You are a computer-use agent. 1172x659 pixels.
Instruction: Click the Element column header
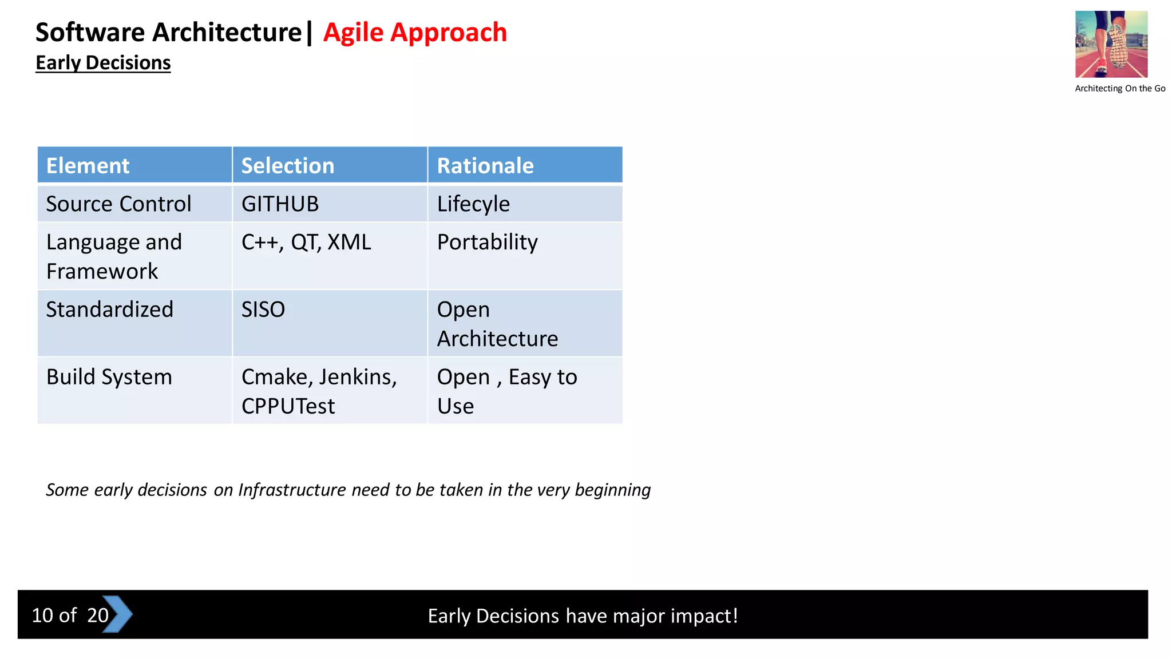[x=88, y=166]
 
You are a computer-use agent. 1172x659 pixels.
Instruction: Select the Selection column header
[x=287, y=166]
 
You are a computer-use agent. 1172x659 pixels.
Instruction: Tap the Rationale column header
[x=485, y=166]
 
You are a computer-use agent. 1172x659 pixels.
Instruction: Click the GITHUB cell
[x=280, y=204]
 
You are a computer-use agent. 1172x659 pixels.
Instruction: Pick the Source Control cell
[x=118, y=204]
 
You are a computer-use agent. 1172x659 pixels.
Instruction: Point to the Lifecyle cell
[x=473, y=204]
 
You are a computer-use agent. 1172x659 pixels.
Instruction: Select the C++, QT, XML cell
[x=306, y=243]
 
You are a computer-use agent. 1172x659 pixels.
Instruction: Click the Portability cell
[x=487, y=243]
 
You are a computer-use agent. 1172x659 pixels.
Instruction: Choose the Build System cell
[x=109, y=378]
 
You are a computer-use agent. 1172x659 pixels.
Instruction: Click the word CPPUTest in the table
[x=288, y=407]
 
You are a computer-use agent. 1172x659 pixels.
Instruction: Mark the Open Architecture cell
[x=497, y=324]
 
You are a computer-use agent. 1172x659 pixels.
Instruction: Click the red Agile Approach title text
[x=415, y=33]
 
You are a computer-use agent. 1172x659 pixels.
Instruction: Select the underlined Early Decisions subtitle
[x=103, y=63]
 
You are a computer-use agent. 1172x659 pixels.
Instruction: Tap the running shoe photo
[x=1111, y=44]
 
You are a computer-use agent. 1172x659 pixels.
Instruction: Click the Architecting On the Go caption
[x=1119, y=89]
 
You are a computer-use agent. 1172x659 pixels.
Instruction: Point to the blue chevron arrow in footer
[x=119, y=614]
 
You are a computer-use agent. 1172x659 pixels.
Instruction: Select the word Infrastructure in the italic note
[x=292, y=490]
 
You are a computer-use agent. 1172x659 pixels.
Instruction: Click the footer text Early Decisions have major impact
[x=583, y=616]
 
